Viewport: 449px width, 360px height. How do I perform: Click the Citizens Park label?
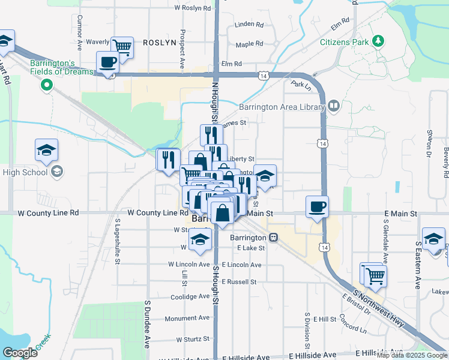[344, 42]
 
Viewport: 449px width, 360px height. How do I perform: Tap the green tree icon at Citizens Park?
[378, 41]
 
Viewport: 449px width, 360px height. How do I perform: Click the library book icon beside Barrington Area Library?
[334, 107]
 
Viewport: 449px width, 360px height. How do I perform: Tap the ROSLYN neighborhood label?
[159, 43]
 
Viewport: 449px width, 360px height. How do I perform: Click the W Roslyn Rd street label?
[193, 8]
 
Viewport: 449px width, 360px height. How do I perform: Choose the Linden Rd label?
[249, 25]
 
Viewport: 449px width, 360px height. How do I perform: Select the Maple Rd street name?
[249, 44]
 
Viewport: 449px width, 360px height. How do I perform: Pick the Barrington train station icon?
[274, 237]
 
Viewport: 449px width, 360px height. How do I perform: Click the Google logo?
[20, 353]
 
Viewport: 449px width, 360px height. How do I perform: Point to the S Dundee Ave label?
[147, 324]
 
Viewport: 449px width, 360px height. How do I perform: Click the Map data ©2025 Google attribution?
[412, 355]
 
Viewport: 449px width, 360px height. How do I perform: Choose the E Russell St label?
[240, 281]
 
